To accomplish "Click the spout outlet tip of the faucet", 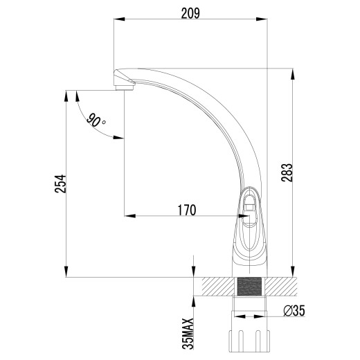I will (122, 84).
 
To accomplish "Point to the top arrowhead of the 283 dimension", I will (294, 71).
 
